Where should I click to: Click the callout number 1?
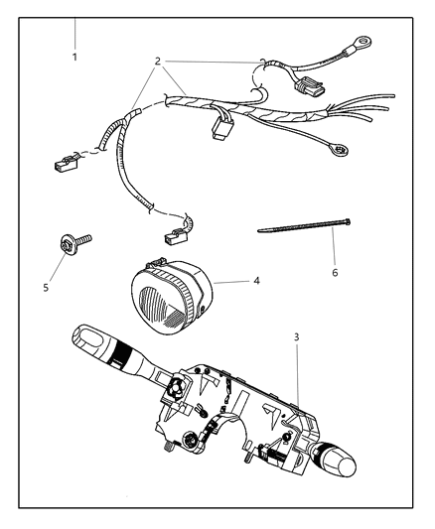coord(74,57)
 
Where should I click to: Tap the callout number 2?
coord(157,61)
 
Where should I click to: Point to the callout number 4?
coord(256,281)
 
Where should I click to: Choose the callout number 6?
coord(335,272)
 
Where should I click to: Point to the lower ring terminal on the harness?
coord(340,152)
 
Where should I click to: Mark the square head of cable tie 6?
coord(351,222)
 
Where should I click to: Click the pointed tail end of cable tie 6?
coord(260,231)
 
